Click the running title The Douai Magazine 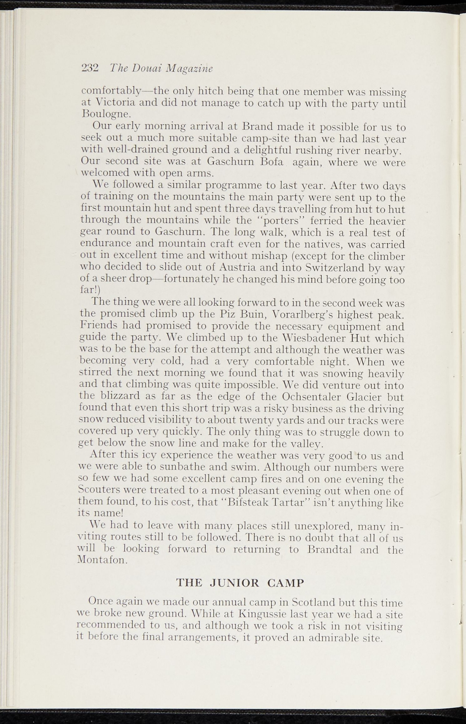pyautogui.click(x=161, y=68)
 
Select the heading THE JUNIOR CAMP pyautogui.click(x=240, y=583)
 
